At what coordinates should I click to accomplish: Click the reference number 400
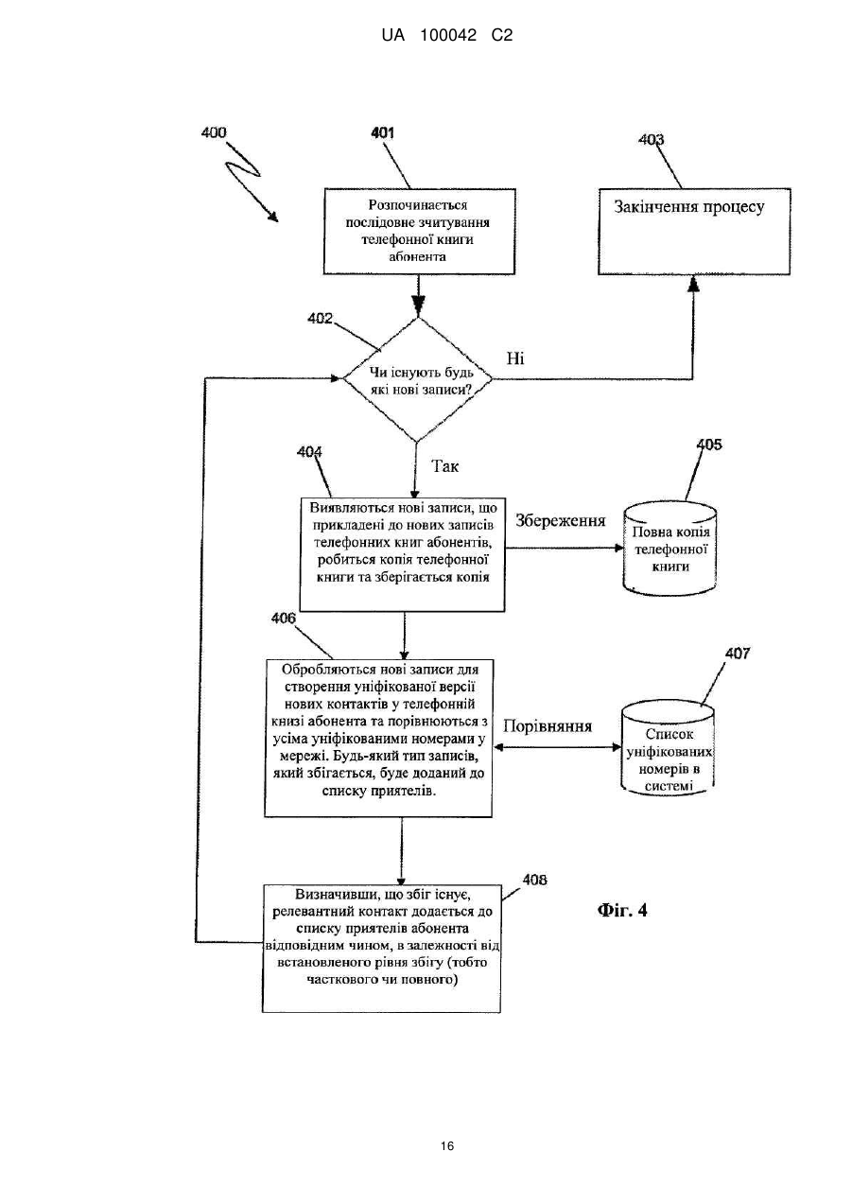tap(214, 132)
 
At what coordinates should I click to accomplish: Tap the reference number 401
tap(382, 132)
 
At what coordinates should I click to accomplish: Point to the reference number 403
tap(651, 140)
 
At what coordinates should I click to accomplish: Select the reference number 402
tap(320, 319)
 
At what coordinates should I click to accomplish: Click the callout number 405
tap(709, 445)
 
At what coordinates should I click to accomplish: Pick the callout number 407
tap(738, 653)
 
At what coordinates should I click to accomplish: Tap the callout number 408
tap(535, 880)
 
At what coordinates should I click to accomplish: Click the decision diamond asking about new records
tap(418, 379)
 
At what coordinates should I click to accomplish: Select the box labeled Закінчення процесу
tap(694, 232)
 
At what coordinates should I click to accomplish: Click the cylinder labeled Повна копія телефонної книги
tap(669, 549)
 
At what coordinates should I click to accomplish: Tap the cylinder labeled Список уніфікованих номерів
tap(668, 748)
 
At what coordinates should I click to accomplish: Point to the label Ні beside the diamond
tap(515, 358)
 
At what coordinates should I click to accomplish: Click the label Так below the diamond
tap(445, 466)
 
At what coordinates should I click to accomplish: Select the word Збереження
tap(561, 520)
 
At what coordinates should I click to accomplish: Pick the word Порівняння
tap(548, 726)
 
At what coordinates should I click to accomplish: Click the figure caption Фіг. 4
tap(622, 910)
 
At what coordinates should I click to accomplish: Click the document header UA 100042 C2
tap(447, 36)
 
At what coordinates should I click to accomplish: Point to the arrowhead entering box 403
tap(693, 283)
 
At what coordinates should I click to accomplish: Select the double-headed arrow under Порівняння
tap(557, 747)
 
